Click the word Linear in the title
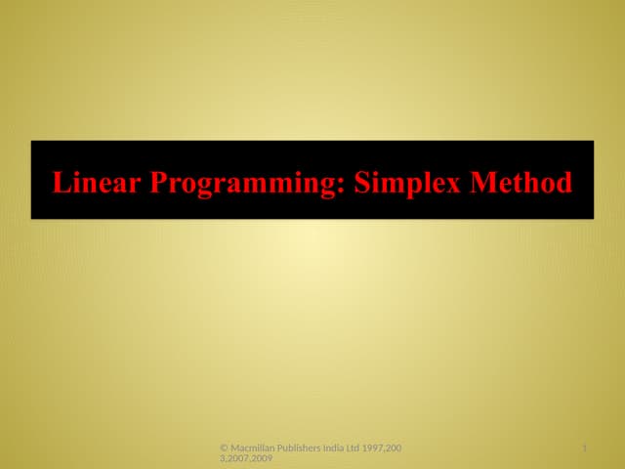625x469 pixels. click(x=93, y=182)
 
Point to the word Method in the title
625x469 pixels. click(x=521, y=182)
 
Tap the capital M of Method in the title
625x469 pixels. click(x=485, y=182)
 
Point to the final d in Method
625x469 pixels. click(x=563, y=182)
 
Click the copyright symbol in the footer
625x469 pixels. click(x=225, y=448)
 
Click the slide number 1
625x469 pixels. click(x=583, y=448)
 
